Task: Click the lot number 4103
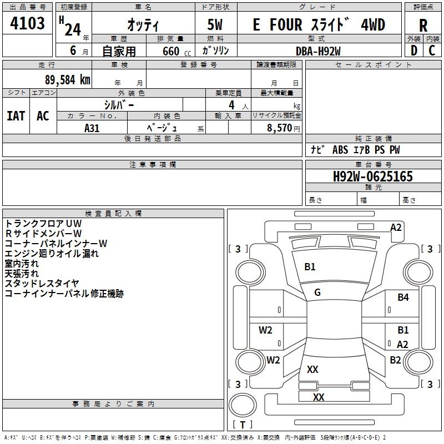pos(28,24)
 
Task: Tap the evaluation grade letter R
pos(423,26)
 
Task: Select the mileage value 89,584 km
pos(67,79)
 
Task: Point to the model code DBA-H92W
pos(318,51)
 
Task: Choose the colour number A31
pos(92,127)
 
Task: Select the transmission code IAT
pos(16,115)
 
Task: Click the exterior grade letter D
pos(413,51)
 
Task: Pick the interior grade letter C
pos(432,51)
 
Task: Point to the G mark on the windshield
pos(317,292)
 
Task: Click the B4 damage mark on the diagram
pos(403,297)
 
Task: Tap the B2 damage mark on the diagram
pos(395,360)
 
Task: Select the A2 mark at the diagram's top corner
pos(396,227)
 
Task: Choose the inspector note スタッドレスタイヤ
pos(42,284)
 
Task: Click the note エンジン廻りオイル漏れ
pos(52,254)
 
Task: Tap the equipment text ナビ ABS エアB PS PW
pos(355,150)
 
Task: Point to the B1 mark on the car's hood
pos(310,267)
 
